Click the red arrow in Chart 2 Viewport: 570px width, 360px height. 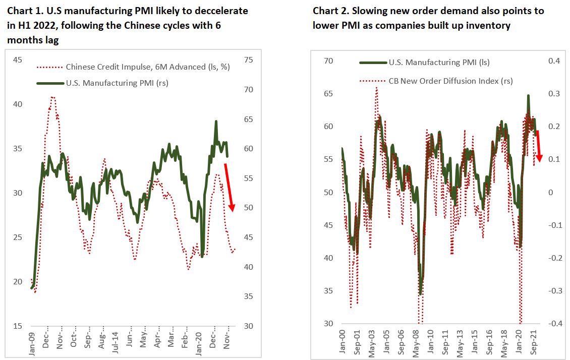coord(538,146)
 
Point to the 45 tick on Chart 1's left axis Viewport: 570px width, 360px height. coord(17,60)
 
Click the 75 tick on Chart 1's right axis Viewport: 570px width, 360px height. coord(249,60)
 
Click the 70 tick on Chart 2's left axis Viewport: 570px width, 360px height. coord(328,61)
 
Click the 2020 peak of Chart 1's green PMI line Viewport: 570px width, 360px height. coord(216,122)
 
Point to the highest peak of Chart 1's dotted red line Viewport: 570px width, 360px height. coord(52,97)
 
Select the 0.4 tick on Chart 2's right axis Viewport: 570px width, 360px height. coord(554,61)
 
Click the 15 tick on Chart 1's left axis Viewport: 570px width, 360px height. coord(17,326)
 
